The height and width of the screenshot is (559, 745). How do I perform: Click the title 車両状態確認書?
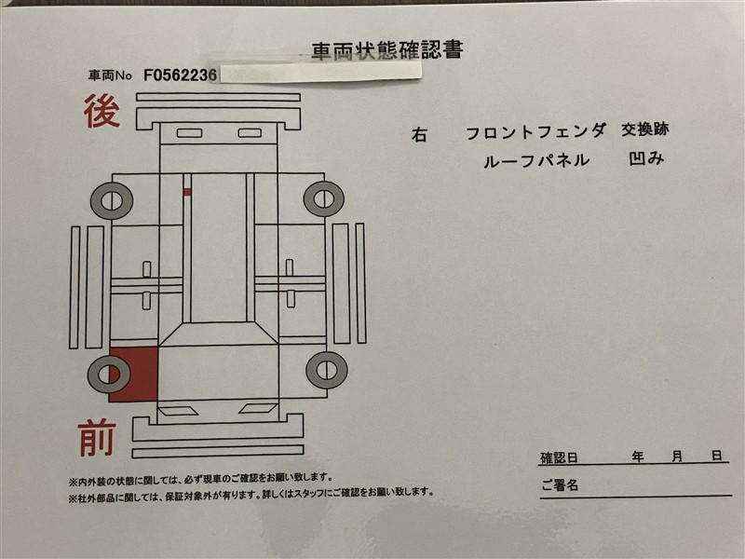(x=387, y=51)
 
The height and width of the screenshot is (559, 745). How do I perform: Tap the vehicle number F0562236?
(x=180, y=75)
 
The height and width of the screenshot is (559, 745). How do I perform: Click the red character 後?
(x=102, y=111)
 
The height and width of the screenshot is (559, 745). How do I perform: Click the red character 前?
(x=98, y=438)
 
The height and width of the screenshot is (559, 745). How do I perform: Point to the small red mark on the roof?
(x=187, y=192)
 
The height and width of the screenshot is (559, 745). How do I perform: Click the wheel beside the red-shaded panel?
(x=109, y=374)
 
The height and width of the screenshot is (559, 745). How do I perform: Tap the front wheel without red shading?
(x=327, y=370)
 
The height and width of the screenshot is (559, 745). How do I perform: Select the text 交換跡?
(x=644, y=130)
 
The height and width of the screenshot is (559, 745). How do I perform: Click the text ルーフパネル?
(x=536, y=160)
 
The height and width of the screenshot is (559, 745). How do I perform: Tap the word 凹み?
(x=646, y=158)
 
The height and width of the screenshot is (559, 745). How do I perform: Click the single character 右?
(x=419, y=135)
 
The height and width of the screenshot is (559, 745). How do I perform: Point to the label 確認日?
(x=559, y=457)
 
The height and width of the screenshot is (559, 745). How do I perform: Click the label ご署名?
(x=560, y=485)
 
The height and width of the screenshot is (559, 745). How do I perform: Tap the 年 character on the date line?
(x=638, y=457)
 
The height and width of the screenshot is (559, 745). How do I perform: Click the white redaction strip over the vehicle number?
(x=320, y=73)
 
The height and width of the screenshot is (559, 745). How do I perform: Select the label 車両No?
(x=110, y=75)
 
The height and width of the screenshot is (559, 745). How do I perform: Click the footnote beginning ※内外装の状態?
(x=200, y=480)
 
